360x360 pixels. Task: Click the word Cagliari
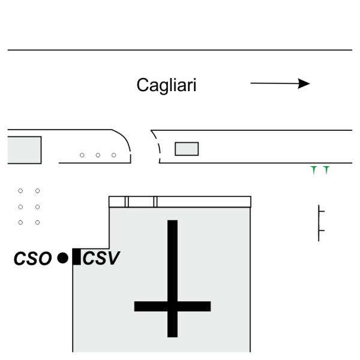click(x=166, y=86)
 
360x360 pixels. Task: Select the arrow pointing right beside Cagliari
click(x=280, y=84)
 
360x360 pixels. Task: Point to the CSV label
click(x=101, y=259)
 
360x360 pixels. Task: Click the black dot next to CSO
click(x=62, y=258)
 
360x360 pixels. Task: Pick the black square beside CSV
click(x=76, y=257)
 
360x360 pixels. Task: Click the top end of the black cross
click(x=172, y=223)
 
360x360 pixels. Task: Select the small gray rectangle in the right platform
click(x=186, y=148)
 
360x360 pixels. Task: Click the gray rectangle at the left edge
click(x=24, y=149)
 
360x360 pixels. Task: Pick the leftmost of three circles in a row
click(x=82, y=155)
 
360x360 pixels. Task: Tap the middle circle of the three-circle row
click(x=98, y=155)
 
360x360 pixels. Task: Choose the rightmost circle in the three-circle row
click(x=113, y=155)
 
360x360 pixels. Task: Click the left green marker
click(x=314, y=170)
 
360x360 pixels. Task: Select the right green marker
click(x=326, y=170)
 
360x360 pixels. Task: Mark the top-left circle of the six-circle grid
click(x=21, y=191)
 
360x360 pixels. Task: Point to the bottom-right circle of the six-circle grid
click(x=37, y=222)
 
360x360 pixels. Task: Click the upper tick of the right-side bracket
click(x=321, y=211)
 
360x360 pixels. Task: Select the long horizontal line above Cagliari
click(x=180, y=50)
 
